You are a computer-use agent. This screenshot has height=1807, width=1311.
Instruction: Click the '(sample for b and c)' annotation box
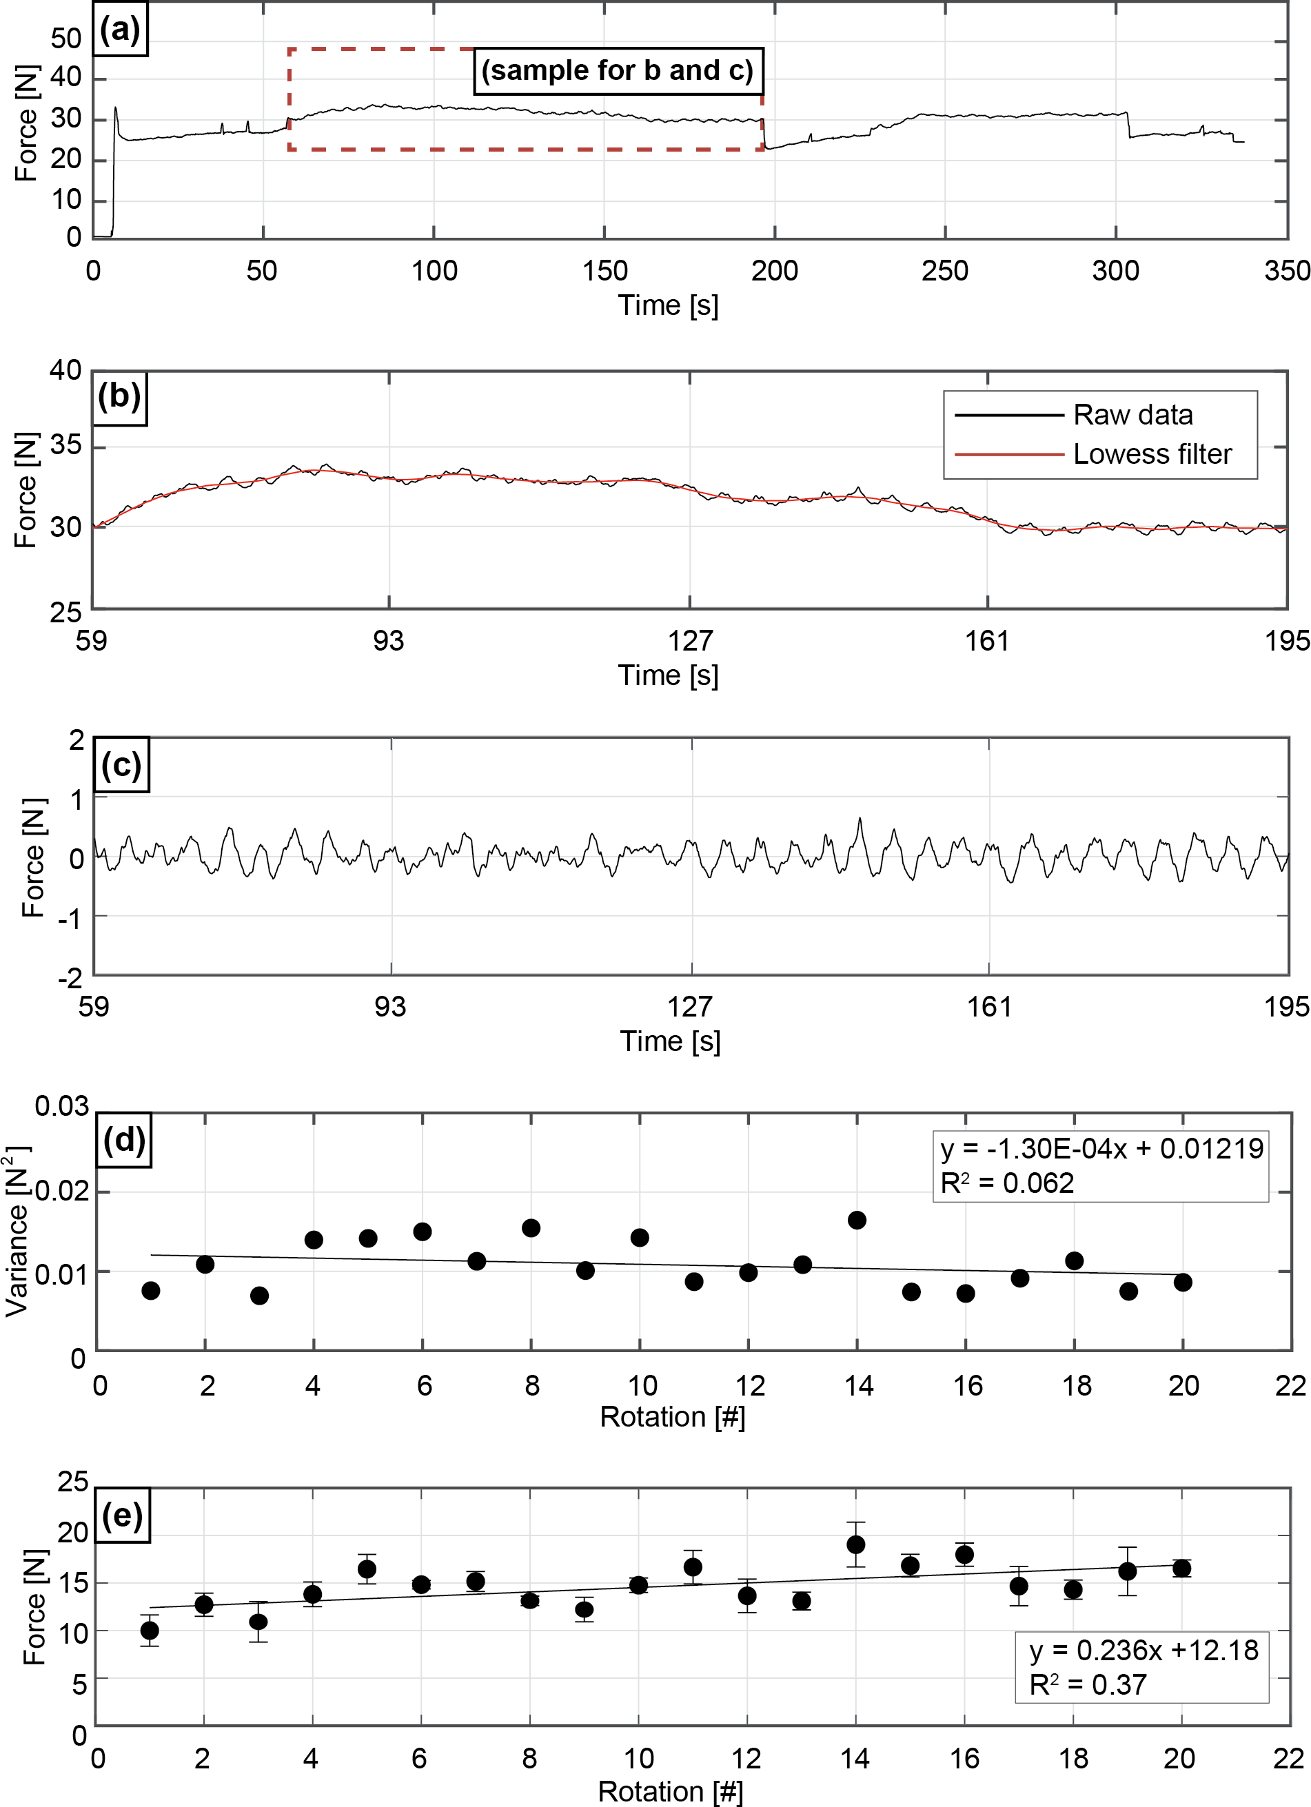click(618, 71)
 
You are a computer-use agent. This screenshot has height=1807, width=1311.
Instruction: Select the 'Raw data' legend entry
click(1132, 415)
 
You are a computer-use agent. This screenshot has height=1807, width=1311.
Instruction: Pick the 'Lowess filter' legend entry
click(1152, 454)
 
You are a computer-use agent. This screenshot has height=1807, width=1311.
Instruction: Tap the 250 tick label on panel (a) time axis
click(944, 271)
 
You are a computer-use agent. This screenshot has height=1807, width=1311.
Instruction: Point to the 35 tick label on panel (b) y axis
click(66, 445)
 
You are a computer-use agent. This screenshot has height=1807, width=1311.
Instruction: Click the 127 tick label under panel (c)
click(689, 1007)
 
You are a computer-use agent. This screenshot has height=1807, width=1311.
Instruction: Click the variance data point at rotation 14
click(857, 1220)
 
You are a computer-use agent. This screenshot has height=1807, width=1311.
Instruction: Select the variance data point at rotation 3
click(259, 1296)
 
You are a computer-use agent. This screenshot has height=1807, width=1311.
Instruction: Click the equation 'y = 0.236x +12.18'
click(1143, 1650)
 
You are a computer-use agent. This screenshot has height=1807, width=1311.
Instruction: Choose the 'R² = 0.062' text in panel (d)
click(1006, 1184)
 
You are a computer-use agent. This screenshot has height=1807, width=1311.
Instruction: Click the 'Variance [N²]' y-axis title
click(17, 1231)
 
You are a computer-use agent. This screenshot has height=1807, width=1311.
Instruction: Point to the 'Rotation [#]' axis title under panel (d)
click(672, 1417)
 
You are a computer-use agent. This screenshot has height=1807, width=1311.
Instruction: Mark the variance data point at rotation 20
click(1183, 1282)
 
